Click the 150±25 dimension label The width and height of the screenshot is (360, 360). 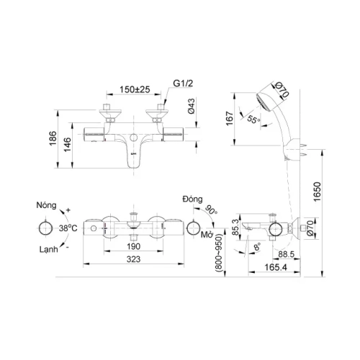click(135, 89)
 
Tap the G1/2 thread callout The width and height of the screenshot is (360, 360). click(183, 84)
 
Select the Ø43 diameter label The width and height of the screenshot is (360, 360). click(192, 107)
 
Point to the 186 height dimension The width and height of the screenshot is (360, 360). click(53, 138)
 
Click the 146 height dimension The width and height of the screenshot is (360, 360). click(68, 144)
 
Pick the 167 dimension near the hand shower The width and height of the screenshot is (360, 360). click(230, 118)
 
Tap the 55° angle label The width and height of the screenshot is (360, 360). click(254, 119)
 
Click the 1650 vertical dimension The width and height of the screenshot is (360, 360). click(317, 192)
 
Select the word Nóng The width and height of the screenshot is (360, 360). click(46, 205)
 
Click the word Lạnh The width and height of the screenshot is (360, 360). click(49, 250)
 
